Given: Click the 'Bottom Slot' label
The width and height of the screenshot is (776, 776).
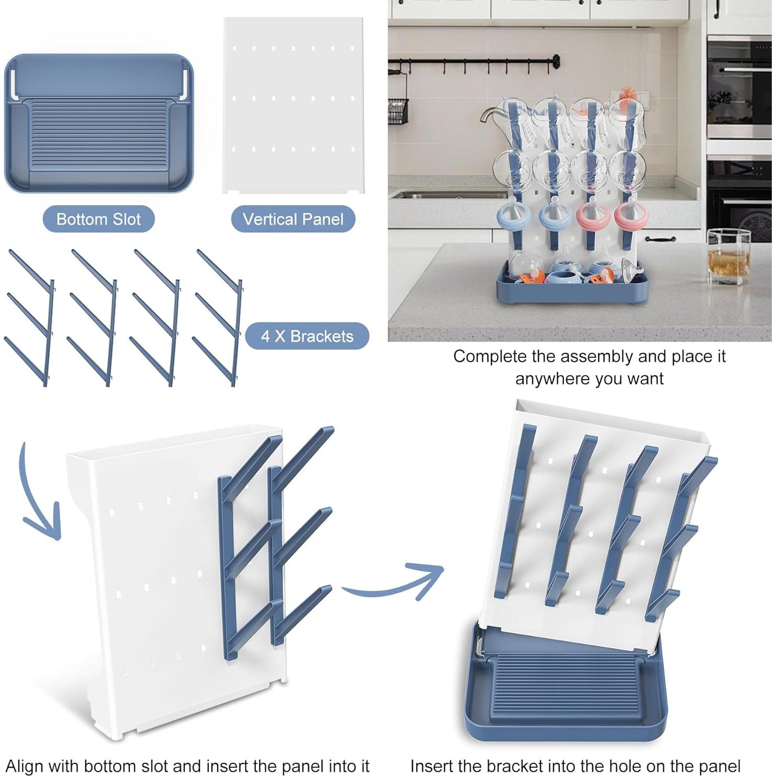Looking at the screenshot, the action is pyautogui.click(x=99, y=219).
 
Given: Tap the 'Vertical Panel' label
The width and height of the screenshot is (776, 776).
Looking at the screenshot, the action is pyautogui.click(x=293, y=219).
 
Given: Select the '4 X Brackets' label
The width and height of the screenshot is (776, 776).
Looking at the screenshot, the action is pyautogui.click(x=307, y=336).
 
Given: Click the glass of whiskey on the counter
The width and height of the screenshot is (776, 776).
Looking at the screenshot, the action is pyautogui.click(x=729, y=256).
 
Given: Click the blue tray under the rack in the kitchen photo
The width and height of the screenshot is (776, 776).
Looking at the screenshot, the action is pyautogui.click(x=572, y=290).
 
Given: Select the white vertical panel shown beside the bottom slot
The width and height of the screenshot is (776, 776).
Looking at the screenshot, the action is pyautogui.click(x=293, y=105).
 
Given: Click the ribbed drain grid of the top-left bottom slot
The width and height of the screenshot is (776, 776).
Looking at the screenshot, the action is pyautogui.click(x=99, y=135).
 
